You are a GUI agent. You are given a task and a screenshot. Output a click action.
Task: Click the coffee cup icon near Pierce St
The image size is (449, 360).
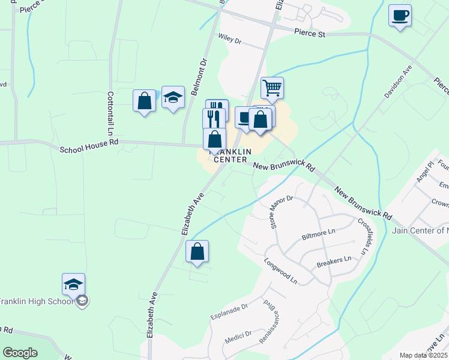400,16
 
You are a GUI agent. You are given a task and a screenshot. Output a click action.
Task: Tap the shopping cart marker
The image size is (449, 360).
272,88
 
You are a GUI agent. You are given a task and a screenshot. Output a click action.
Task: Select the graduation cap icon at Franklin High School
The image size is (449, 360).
73,284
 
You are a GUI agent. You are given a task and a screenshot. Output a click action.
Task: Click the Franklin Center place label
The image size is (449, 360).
228,156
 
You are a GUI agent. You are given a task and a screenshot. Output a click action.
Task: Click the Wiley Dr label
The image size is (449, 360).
229,41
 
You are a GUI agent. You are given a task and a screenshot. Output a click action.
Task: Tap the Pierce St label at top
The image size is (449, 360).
310,34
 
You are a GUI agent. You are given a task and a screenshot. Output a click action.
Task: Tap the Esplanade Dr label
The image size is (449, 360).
229,313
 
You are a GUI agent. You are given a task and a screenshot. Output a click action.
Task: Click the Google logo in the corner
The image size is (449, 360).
20,353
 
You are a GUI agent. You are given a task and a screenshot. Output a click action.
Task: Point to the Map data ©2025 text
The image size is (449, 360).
423,355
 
